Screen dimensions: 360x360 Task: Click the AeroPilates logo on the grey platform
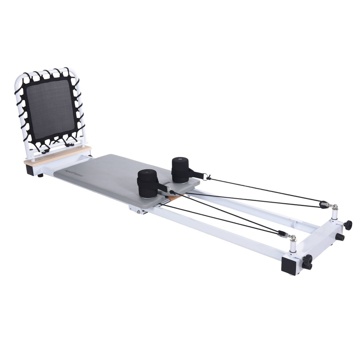click(x=74, y=173)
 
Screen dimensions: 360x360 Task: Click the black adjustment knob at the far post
click(x=348, y=225)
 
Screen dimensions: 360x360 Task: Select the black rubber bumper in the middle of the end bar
click(x=339, y=237)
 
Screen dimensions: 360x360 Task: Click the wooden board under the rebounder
click(x=58, y=156)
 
